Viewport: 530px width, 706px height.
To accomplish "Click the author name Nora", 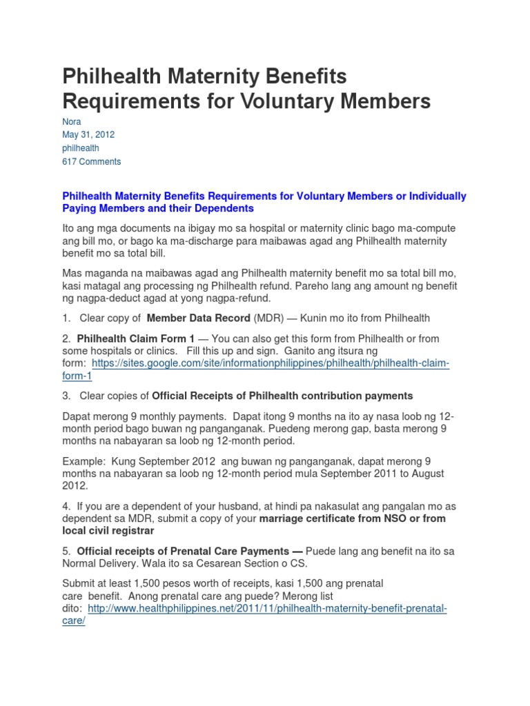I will coord(72,121).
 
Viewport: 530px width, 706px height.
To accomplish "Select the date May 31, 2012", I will coord(88,134).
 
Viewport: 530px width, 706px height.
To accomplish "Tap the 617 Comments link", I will coord(92,161).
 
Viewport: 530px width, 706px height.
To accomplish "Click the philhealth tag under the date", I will coord(81,148).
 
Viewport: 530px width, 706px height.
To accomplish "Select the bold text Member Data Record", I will coord(199,318).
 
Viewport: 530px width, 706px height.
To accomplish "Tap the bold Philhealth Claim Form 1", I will coord(136,339).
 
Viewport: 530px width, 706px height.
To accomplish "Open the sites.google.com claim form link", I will coord(270,363).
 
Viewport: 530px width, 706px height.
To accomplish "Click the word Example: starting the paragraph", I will coord(85,461).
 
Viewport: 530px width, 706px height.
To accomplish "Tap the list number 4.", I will coord(66,506).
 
